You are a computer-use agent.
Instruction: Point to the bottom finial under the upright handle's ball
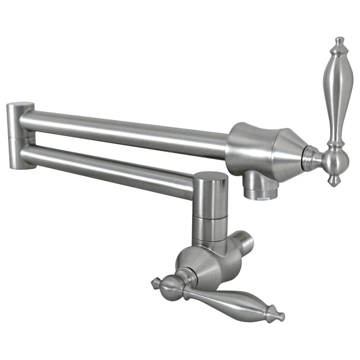[334, 181]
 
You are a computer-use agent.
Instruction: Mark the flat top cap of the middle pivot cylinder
[210, 176]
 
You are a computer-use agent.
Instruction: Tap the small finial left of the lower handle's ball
[156, 282]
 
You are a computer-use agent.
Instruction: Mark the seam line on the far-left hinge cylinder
[18, 135]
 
